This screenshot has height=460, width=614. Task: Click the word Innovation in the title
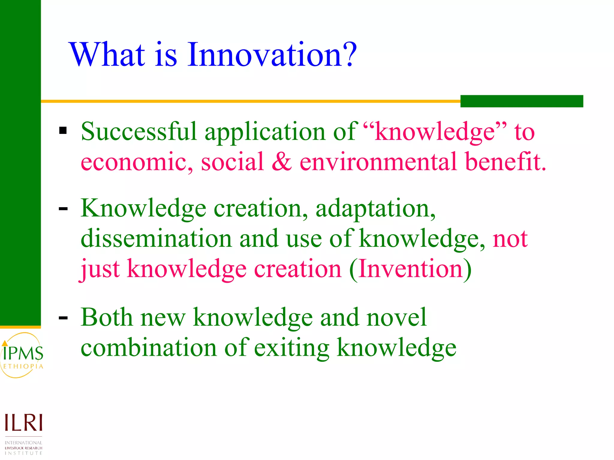(264, 55)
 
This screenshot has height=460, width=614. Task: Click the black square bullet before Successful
(63, 131)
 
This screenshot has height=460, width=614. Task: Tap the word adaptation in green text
(375, 208)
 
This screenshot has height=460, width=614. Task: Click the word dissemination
(156, 238)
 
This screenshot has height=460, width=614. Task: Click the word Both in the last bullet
(106, 317)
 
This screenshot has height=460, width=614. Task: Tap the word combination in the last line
(148, 348)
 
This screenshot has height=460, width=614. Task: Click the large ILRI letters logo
(23, 423)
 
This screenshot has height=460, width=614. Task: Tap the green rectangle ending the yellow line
(522, 101)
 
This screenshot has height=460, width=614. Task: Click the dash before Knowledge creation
(63, 209)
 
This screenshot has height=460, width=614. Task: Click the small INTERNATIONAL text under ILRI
(23, 443)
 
